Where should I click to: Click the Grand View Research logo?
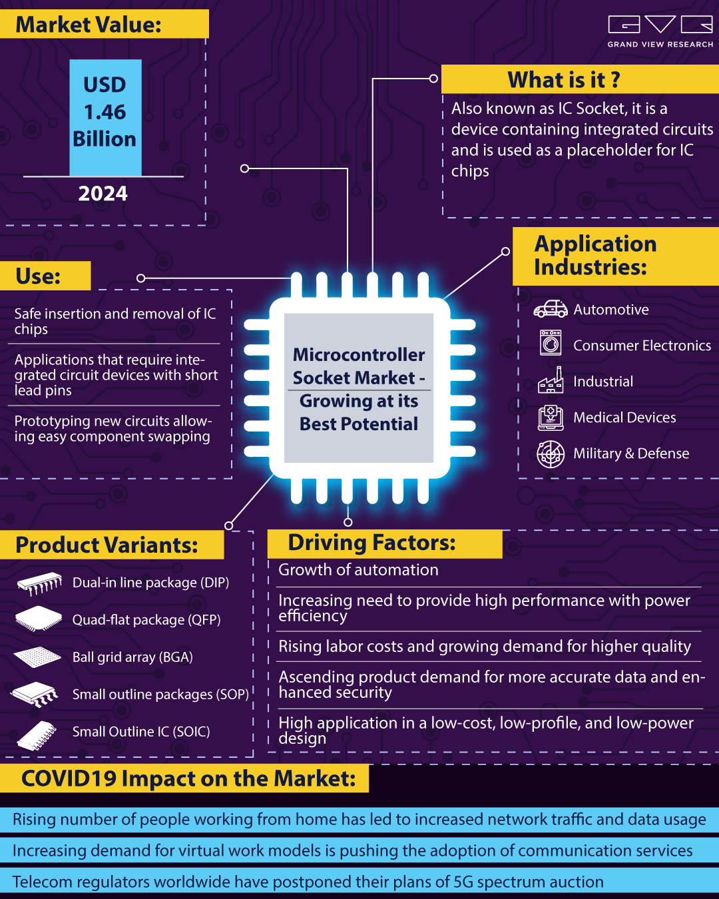point(660,31)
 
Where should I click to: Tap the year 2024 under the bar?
point(103,194)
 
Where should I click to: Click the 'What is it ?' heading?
point(564,80)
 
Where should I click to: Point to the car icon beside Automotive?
point(550,309)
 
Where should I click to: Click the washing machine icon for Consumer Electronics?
point(551,344)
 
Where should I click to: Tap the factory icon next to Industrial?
point(551,381)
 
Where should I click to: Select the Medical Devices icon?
point(551,418)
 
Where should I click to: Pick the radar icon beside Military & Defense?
point(551,454)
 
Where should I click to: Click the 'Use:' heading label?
point(39,276)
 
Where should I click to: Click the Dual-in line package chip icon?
point(39,583)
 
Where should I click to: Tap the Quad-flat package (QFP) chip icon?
point(38,619)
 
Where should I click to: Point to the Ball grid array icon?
point(37,657)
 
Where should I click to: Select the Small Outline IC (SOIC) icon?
point(37,735)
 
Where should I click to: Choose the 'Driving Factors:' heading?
point(371,543)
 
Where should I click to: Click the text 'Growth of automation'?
point(358,570)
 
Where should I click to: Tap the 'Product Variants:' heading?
point(107,545)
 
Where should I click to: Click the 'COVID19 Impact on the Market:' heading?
point(188,778)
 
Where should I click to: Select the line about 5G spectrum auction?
point(308,882)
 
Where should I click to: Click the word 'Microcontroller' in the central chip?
point(359,355)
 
